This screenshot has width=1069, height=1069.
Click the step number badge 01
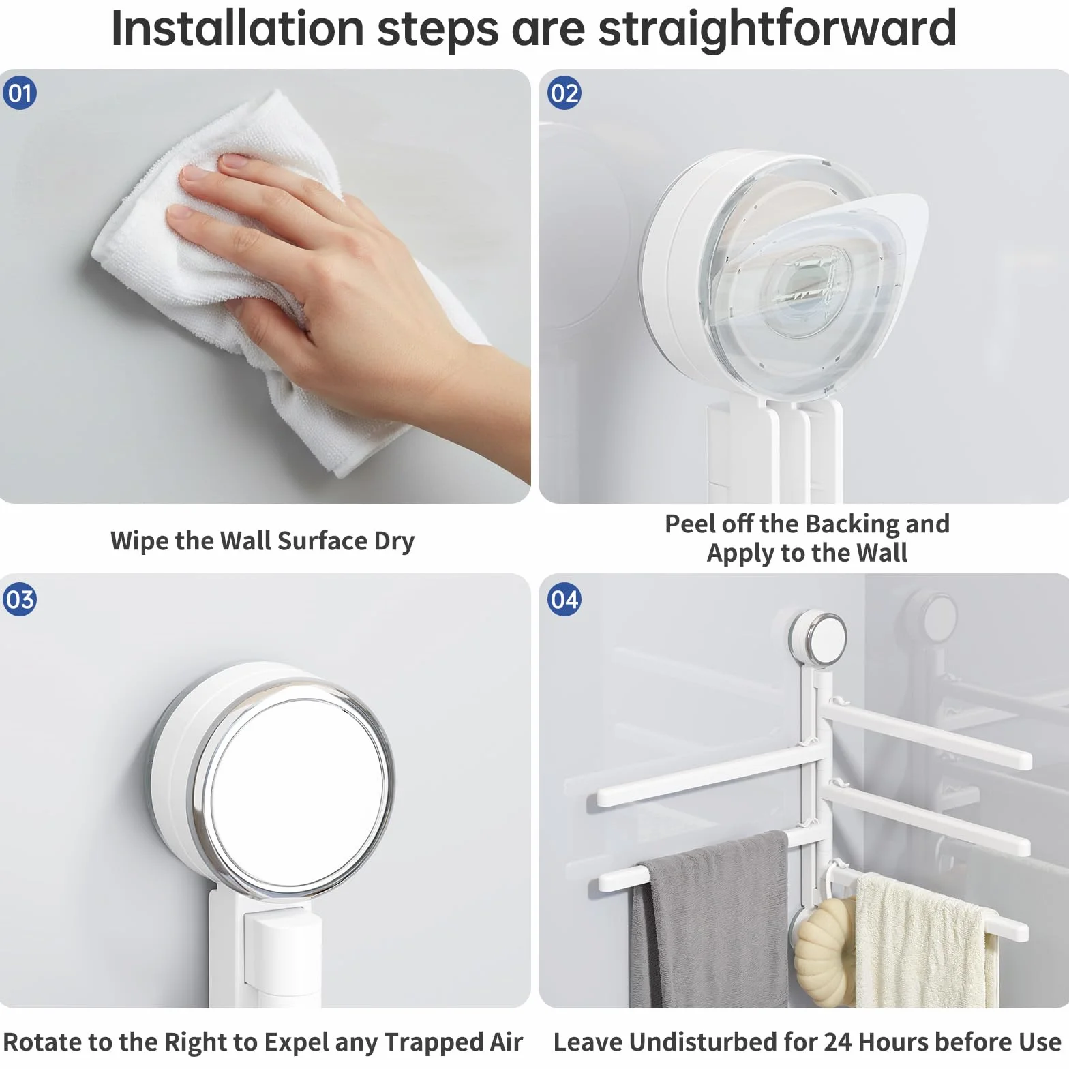pyautogui.click(x=20, y=93)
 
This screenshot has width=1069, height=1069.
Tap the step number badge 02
pyautogui.click(x=564, y=93)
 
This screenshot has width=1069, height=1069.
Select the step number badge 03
pyautogui.click(x=20, y=599)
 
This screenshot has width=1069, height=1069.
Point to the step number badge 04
pyautogui.click(x=564, y=599)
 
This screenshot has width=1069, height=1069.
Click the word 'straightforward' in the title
pyautogui.click(x=777, y=29)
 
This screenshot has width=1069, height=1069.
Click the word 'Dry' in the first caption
pyautogui.click(x=394, y=542)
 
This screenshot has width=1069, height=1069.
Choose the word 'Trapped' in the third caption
pyautogui.click(x=434, y=1043)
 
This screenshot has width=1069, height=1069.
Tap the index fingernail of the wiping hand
pyautogui.click(x=232, y=162)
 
